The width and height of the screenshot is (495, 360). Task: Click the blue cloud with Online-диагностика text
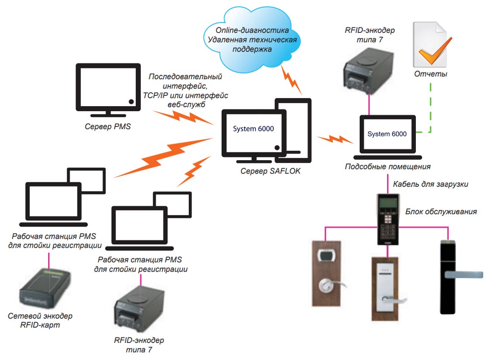click(251, 39)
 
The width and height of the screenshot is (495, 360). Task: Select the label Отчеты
click(430, 74)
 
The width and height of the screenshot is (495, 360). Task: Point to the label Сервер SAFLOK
click(270, 171)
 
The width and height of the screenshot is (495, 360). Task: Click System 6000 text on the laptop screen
click(387, 134)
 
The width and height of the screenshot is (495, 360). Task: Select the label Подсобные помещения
click(387, 167)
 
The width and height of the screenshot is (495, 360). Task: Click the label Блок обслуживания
click(441, 212)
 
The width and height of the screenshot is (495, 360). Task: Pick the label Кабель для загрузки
click(430, 184)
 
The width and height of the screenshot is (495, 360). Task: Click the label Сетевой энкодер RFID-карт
click(40, 320)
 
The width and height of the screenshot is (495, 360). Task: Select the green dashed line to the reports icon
click(430, 109)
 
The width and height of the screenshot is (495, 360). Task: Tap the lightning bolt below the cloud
click(291, 79)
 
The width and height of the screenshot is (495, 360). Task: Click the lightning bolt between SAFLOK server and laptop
click(334, 140)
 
